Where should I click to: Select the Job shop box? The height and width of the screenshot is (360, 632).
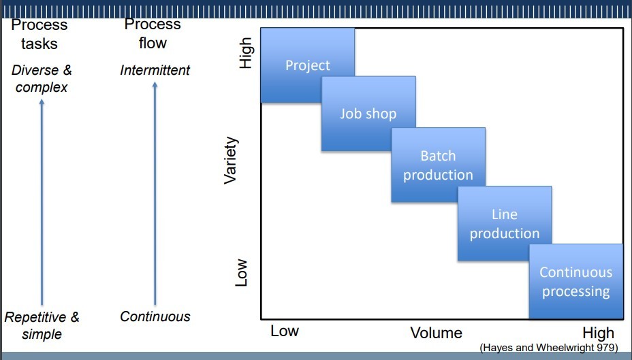368,113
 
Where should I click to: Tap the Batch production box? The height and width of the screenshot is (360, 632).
438,165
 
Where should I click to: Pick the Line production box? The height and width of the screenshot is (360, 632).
504,224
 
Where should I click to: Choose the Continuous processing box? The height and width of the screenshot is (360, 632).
575,281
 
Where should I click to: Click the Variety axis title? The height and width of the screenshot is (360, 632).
232,161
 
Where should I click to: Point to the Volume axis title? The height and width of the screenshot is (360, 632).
436,333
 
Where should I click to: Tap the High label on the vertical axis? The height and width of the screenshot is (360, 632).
246,52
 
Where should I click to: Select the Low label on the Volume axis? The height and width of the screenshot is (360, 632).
285,331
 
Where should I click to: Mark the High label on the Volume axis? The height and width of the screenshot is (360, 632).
598,333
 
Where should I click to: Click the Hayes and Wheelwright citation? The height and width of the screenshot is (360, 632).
549,347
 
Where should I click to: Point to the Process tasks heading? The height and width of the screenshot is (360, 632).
39,34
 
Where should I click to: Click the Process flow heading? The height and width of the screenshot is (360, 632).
152,34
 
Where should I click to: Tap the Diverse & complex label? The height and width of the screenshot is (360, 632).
42,78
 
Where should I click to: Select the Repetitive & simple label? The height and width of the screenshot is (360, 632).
42,325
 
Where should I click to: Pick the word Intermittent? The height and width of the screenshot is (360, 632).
155,70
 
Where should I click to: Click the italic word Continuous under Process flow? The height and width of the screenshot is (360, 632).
155,316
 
